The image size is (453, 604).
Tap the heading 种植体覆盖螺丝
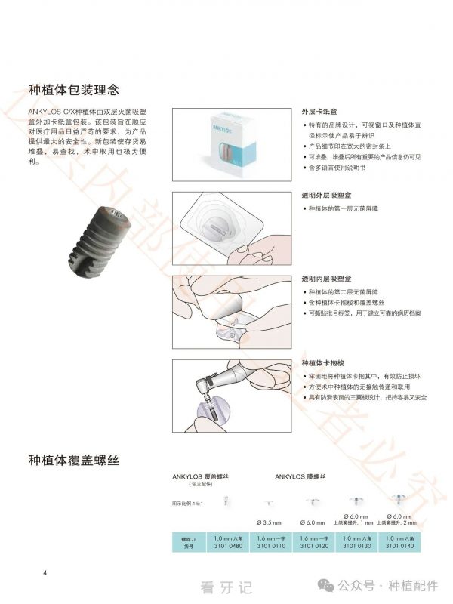click(x=73, y=459)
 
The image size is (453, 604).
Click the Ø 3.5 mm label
click(x=269, y=522)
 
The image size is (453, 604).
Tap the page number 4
click(x=45, y=573)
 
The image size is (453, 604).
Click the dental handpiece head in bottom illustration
click(x=205, y=387)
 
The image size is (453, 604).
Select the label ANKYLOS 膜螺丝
click(x=300, y=477)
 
